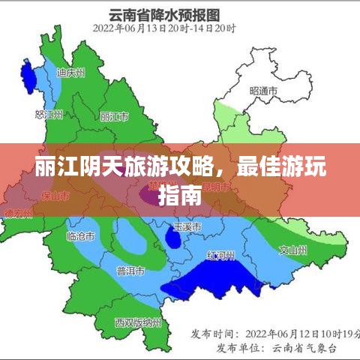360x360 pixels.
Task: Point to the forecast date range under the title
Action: [164, 28]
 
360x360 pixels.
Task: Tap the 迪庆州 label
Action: [71, 73]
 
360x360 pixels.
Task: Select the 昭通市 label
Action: [263, 91]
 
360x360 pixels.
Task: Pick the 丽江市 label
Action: [115, 117]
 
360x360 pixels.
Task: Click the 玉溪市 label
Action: [187, 226]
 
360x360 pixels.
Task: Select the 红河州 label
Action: [221, 256]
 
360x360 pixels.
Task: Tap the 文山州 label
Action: [292, 249]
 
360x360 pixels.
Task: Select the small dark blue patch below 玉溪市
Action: [172, 239]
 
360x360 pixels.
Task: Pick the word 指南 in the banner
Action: [180, 196]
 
